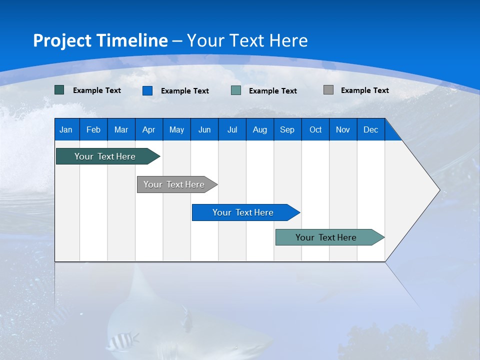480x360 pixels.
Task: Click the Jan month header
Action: point(66,129)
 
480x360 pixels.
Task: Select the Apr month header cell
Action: point(149,129)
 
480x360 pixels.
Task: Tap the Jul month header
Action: point(232,129)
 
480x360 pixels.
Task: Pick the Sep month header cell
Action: point(287,129)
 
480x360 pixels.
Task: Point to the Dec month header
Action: point(370,129)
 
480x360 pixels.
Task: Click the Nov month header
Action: point(343,129)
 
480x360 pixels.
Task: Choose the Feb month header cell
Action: point(93,129)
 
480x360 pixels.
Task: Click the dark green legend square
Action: point(59,90)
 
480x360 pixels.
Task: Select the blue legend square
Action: point(147,90)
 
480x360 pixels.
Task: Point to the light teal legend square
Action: point(236,90)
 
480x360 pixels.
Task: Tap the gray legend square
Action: point(328,90)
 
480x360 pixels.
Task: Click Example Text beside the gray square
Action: point(364,90)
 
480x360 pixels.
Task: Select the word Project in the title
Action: point(62,40)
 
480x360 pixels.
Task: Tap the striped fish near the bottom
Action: point(122,341)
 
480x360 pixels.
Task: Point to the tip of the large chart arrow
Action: point(438,190)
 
